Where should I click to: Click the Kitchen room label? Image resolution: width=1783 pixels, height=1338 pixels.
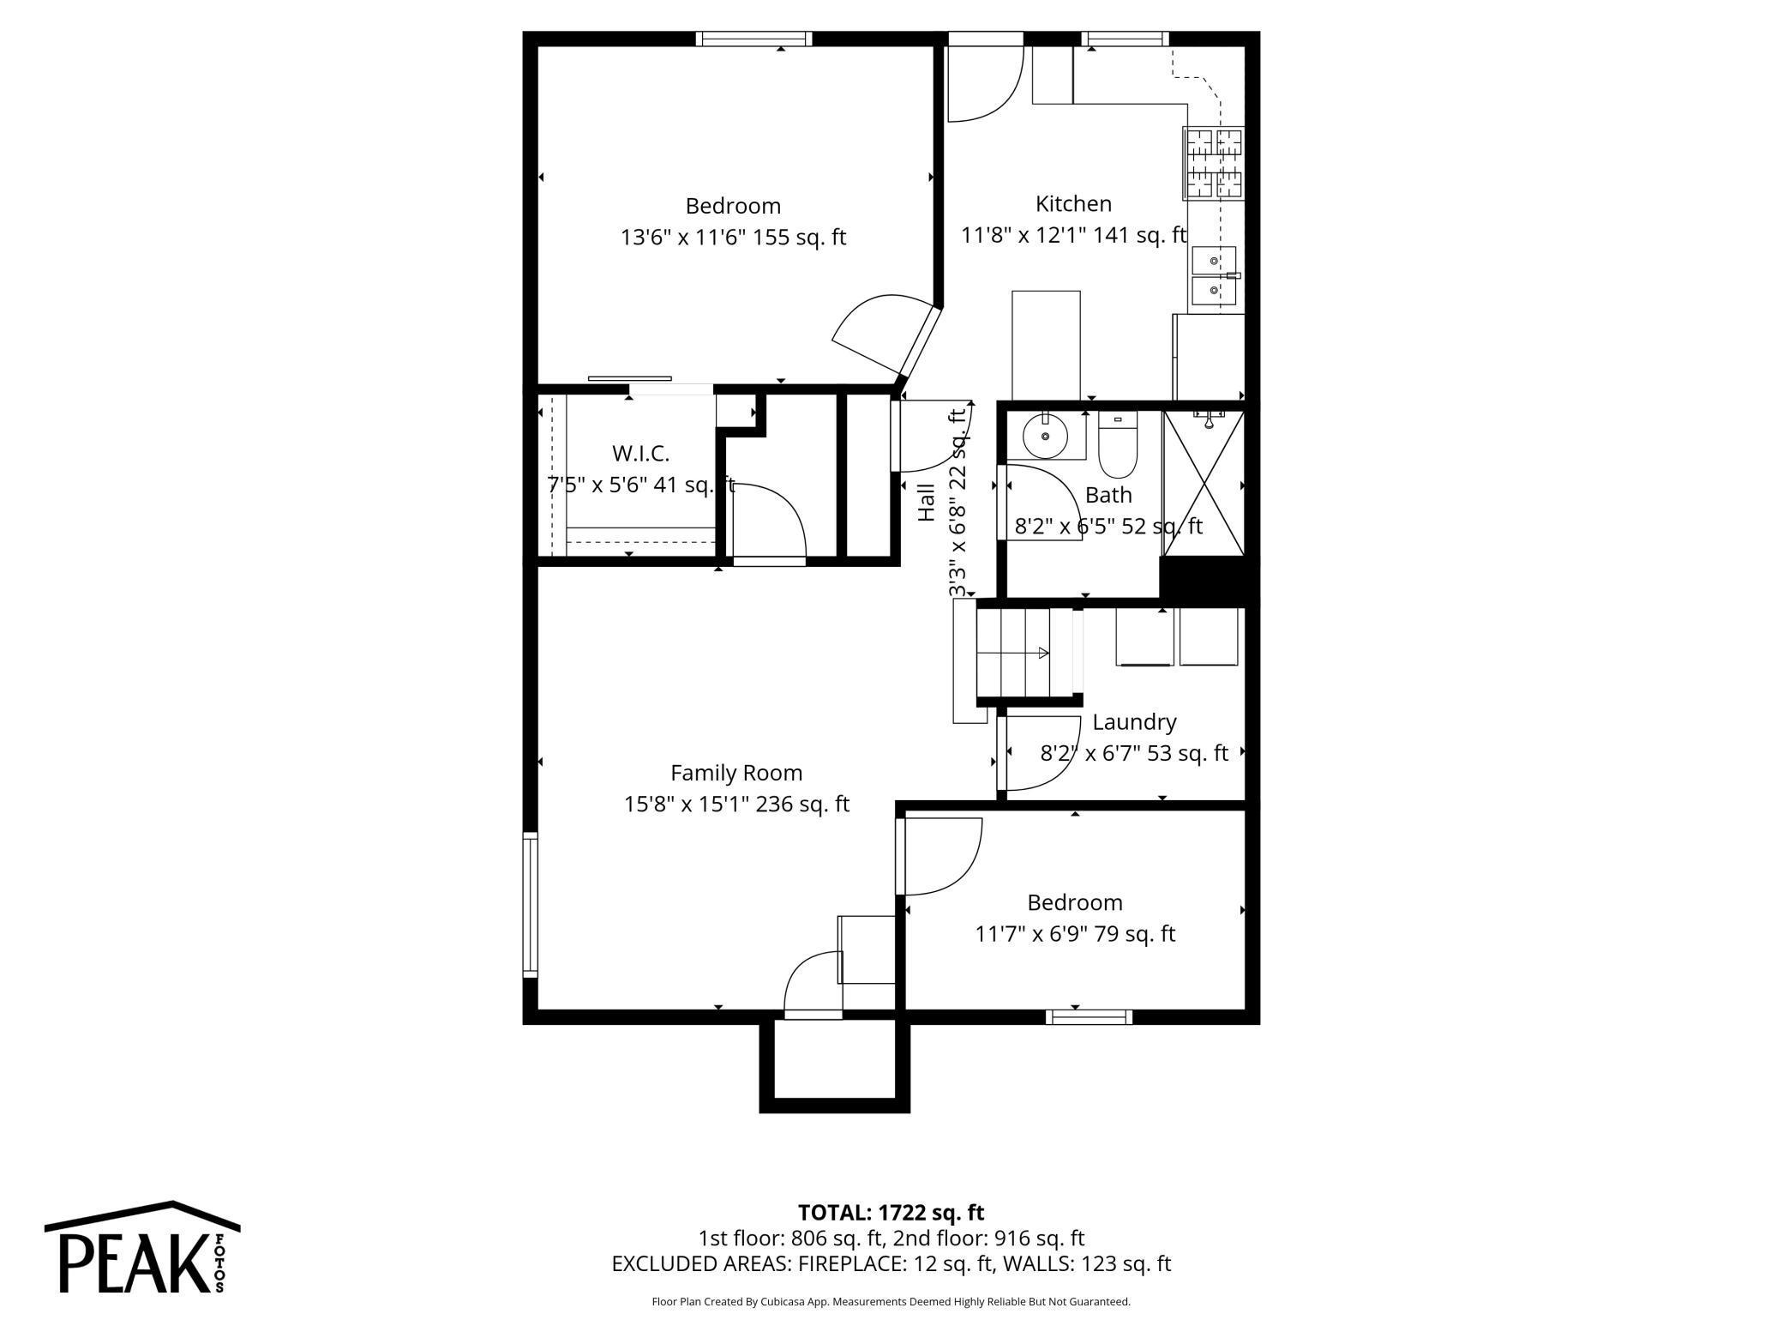point(1073,204)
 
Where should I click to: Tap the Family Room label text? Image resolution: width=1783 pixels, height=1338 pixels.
point(736,773)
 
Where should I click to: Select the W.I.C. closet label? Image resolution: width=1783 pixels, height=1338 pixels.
point(640,453)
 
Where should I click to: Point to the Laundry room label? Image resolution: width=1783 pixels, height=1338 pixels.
point(1134,722)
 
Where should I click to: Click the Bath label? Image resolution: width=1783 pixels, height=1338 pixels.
point(1108,495)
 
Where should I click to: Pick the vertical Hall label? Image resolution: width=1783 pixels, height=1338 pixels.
point(927,503)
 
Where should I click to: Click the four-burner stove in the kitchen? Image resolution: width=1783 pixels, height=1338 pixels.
point(1213,163)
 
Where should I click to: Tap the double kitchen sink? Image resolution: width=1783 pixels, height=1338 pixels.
point(1215,275)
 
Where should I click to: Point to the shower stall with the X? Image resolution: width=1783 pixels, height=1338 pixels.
point(1204,483)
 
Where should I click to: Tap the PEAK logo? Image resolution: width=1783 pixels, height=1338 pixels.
point(142,1247)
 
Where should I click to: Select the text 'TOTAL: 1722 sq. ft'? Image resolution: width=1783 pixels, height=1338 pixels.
point(891,1213)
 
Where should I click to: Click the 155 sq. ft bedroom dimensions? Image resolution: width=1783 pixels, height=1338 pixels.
point(733,238)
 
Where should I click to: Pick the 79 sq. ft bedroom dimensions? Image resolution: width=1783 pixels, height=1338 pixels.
point(1075,934)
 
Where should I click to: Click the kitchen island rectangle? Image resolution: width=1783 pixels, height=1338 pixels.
point(1046,346)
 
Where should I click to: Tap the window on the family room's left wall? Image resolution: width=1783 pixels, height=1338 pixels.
point(531,905)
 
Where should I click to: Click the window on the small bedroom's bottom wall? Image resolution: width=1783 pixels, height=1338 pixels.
point(1089,1017)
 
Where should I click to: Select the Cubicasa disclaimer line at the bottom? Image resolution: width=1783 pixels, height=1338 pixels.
point(891,1302)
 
